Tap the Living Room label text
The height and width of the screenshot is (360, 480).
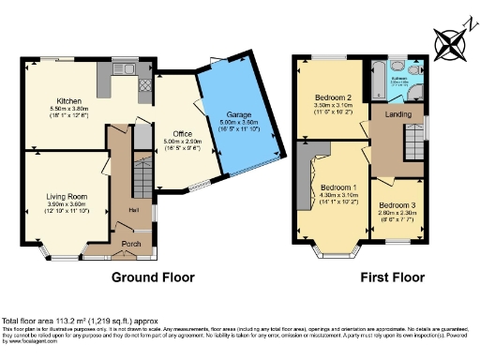tap(66, 196)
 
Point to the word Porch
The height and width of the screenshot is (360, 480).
tap(130, 244)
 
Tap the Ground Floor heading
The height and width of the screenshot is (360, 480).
tap(153, 277)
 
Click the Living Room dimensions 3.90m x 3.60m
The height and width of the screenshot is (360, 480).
tap(66, 203)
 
